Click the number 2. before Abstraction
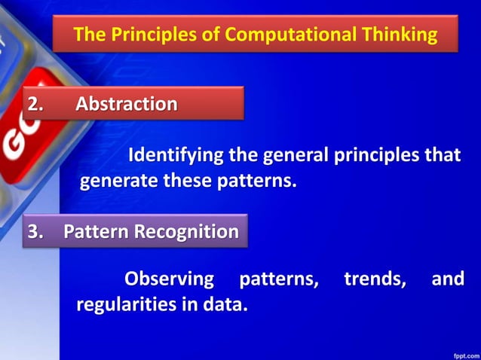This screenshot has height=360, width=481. point(38,103)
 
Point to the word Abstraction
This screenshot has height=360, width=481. point(127,103)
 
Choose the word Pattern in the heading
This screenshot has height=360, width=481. point(96,231)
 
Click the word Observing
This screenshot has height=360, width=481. point(169,279)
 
